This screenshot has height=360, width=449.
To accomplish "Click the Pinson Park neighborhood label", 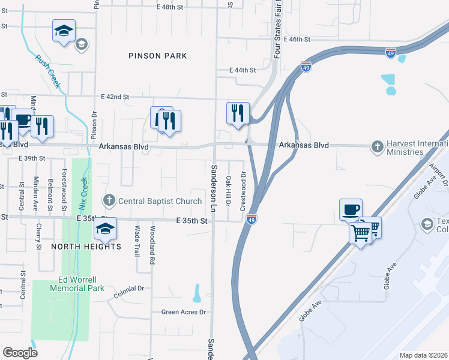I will pyautogui.click(x=158, y=56).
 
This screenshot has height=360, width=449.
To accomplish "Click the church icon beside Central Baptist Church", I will pyautogui.click(x=109, y=199).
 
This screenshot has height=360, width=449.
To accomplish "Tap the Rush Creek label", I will pyautogui.click(x=47, y=71).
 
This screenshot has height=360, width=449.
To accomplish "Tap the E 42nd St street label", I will pyautogui.click(x=115, y=96).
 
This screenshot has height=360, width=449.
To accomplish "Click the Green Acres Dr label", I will pyautogui.click(x=183, y=312).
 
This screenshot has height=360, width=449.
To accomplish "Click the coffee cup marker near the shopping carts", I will pyautogui.click(x=351, y=209).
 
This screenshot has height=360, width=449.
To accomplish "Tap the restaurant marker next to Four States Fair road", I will pyautogui.click(x=238, y=112).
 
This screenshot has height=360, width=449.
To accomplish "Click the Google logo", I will pyautogui.click(x=20, y=353).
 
